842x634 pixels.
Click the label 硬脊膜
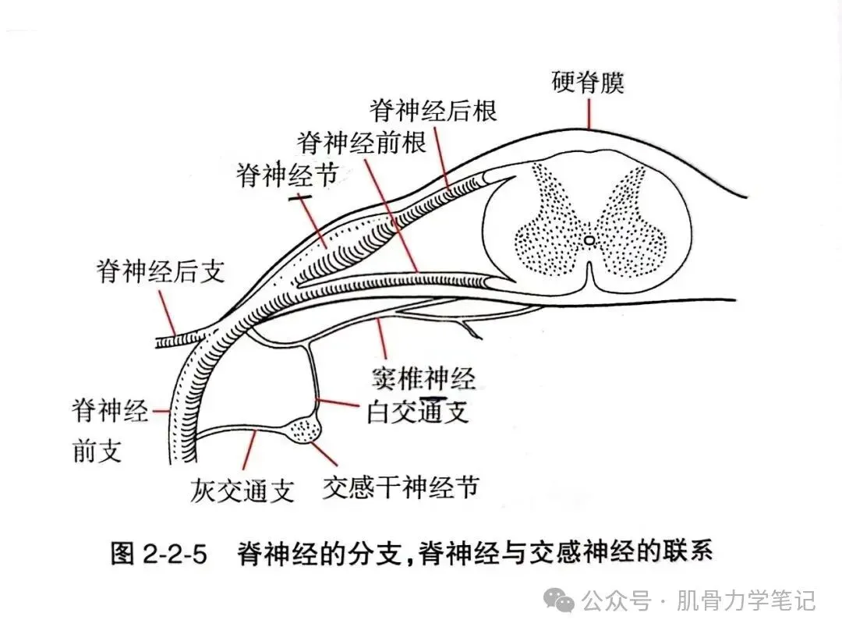coord(589,83)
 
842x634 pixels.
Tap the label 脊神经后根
coord(433,112)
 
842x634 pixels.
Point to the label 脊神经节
coord(288,175)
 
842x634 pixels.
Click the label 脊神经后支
coord(161,271)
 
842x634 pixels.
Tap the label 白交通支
coord(418,412)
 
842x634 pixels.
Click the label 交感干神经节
coord(400,488)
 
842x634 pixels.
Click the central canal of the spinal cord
coord(589,240)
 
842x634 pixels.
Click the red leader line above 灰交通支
coord(249,453)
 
